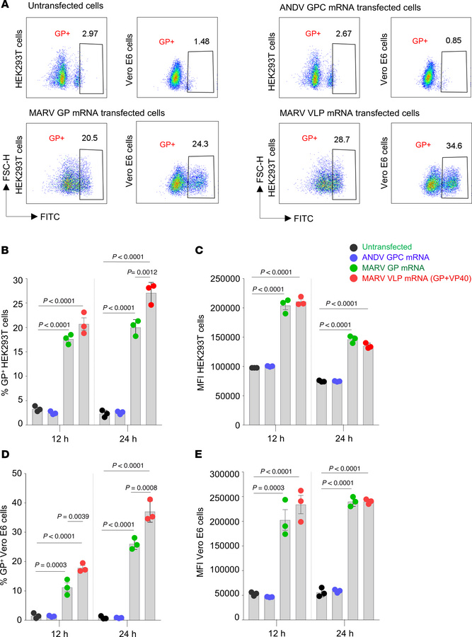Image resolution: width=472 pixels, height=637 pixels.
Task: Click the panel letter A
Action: point(6,6)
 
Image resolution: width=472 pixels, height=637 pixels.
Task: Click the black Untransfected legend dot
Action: point(354,246)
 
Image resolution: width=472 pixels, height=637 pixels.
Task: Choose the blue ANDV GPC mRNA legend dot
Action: point(354,258)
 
